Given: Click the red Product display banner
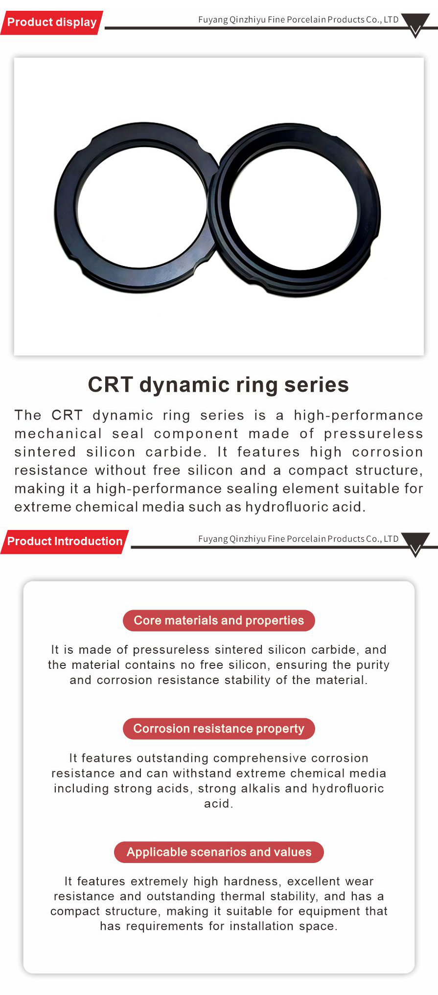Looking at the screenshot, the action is tap(51, 22).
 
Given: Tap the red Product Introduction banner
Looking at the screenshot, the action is tap(64, 542).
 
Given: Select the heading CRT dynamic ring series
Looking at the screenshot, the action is tap(218, 385).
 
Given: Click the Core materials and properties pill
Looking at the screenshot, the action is tap(219, 620).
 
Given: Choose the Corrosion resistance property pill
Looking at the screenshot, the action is tap(219, 729).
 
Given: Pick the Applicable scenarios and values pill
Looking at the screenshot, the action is tap(219, 852).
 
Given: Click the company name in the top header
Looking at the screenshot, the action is tap(299, 20).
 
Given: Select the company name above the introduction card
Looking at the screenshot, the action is tap(299, 539).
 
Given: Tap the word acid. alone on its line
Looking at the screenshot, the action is tap(219, 803).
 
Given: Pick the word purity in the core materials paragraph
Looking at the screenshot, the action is tap(372, 665).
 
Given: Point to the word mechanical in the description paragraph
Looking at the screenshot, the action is tap(58, 434).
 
